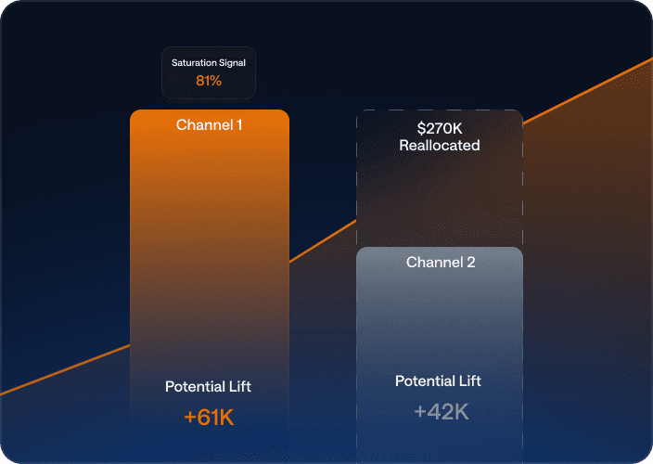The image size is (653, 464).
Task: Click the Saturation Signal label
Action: (209, 63)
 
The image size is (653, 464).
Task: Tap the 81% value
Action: (209, 81)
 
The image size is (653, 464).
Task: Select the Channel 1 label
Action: (209, 125)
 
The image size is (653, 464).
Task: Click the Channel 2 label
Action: (441, 262)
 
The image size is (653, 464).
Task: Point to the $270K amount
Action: (440, 128)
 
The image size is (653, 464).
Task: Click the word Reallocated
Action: (440, 146)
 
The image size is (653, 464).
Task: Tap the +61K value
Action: (209, 417)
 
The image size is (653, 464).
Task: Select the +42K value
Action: (442, 412)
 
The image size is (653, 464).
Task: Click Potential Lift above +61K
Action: (208, 387)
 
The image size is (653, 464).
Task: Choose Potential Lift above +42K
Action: (438, 381)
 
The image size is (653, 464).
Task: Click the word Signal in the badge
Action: (233, 63)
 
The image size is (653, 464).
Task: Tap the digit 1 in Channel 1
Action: (239, 125)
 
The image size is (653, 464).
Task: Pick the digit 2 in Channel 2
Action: (471, 262)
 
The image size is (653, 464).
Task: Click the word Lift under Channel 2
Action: (469, 381)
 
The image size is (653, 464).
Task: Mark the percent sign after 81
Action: (215, 81)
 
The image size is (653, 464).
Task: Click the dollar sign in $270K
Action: (421, 128)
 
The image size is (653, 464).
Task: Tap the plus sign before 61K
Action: (190, 418)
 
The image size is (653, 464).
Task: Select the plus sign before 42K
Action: (420, 412)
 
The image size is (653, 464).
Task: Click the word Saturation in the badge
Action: (194, 63)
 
